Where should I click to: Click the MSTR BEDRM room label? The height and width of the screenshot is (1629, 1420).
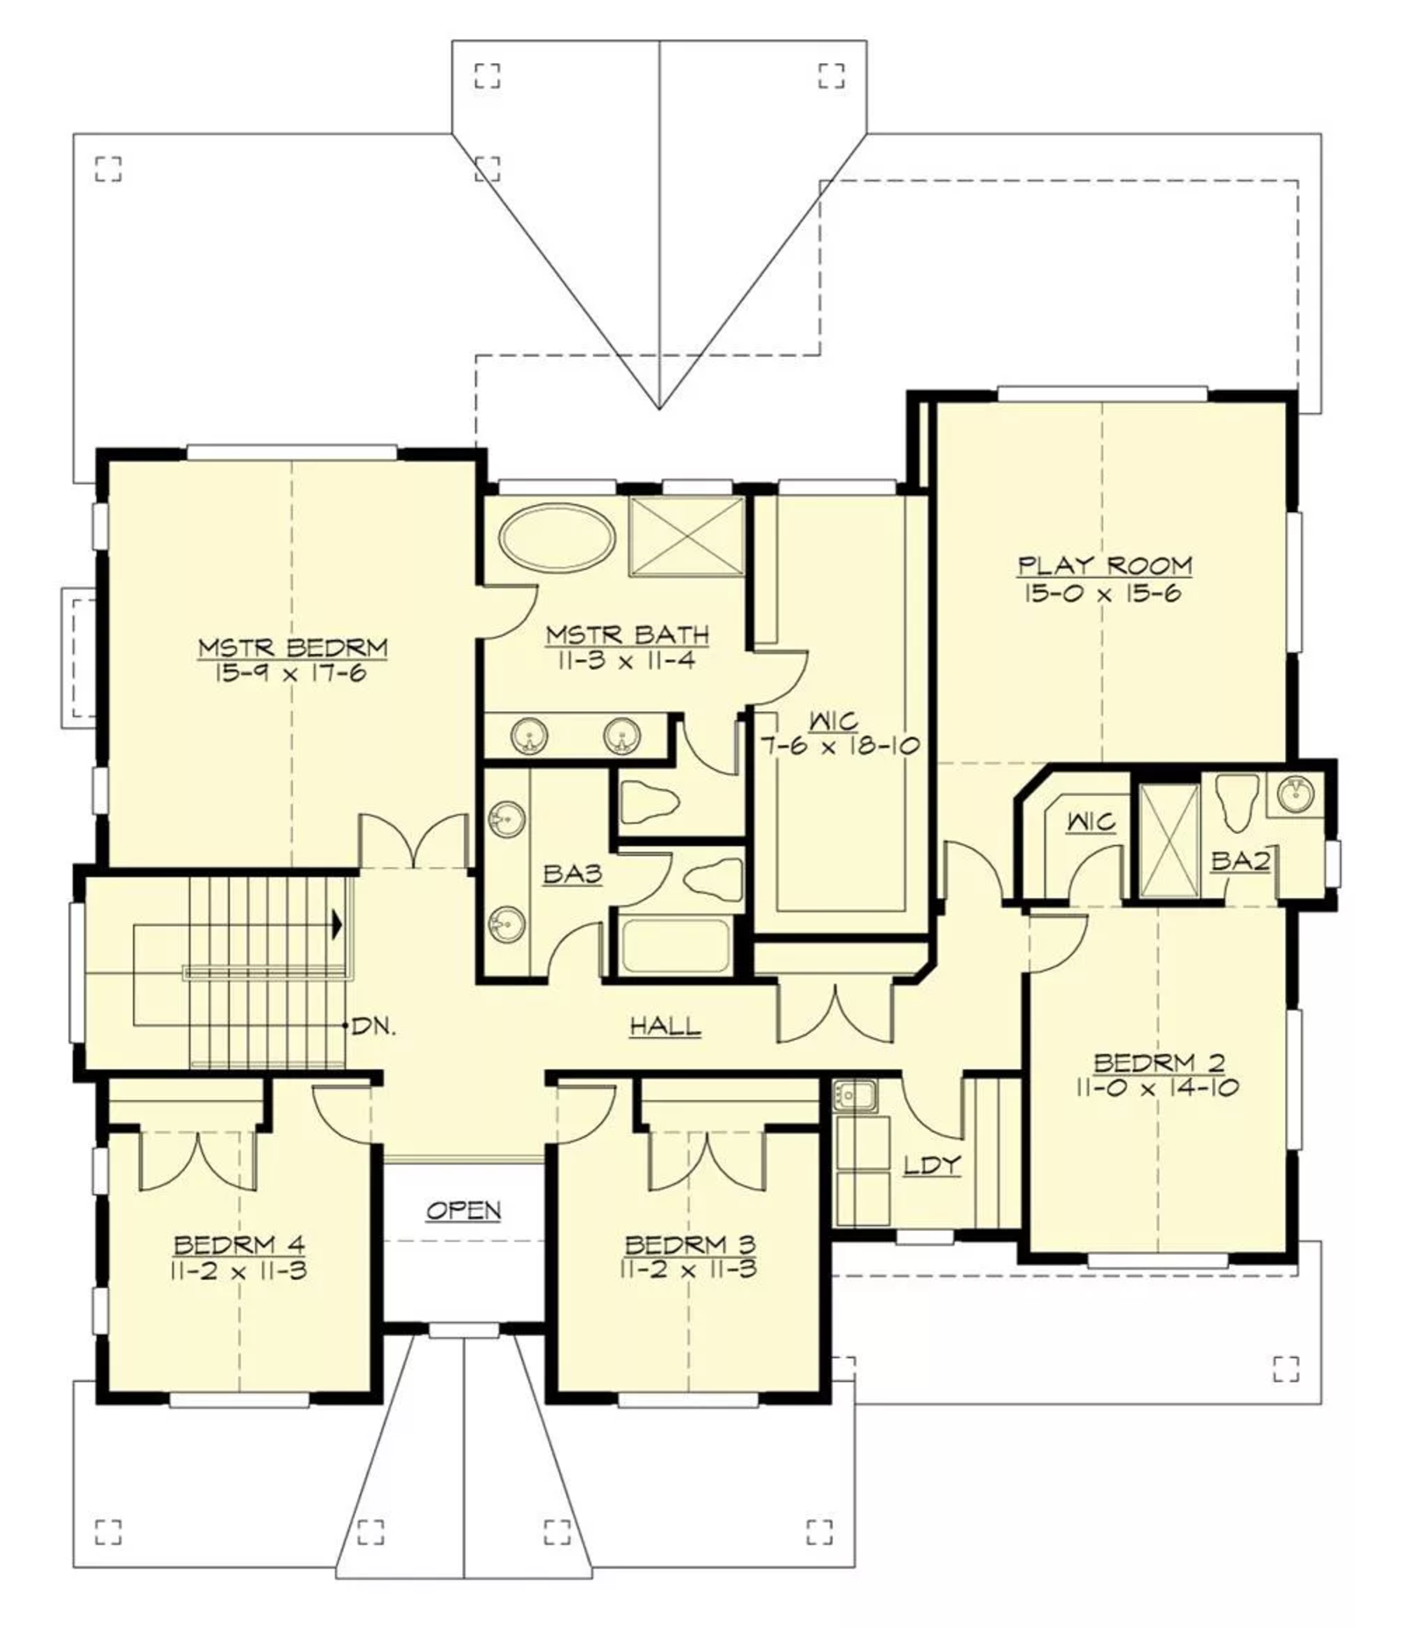[x=293, y=648]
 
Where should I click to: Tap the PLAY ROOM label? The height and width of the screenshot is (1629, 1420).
[x=1104, y=566]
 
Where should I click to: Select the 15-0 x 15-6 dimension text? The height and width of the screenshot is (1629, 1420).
[x=1102, y=594]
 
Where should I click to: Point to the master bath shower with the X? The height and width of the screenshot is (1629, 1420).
[x=686, y=537]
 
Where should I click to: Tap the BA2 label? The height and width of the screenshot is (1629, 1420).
[x=1240, y=862]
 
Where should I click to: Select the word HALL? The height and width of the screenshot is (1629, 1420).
[x=666, y=1026]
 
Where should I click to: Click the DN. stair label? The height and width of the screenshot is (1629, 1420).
[x=373, y=1027]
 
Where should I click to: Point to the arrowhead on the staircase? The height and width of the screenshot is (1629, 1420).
[x=337, y=923]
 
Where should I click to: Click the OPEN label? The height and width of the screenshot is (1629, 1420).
[x=464, y=1211]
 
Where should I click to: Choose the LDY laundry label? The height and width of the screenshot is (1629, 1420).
[x=933, y=1165]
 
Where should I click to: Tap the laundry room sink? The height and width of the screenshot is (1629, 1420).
[x=855, y=1096]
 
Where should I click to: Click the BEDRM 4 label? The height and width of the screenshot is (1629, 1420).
[x=239, y=1245]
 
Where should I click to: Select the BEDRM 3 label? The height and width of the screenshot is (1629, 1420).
[x=690, y=1245]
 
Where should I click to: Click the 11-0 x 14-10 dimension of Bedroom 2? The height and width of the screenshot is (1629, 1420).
[x=1157, y=1088]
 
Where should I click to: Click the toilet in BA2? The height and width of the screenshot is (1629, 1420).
[x=1237, y=800]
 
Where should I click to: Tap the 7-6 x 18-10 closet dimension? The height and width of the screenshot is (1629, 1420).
[x=839, y=746]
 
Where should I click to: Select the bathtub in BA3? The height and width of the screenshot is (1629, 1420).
[x=675, y=947]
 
